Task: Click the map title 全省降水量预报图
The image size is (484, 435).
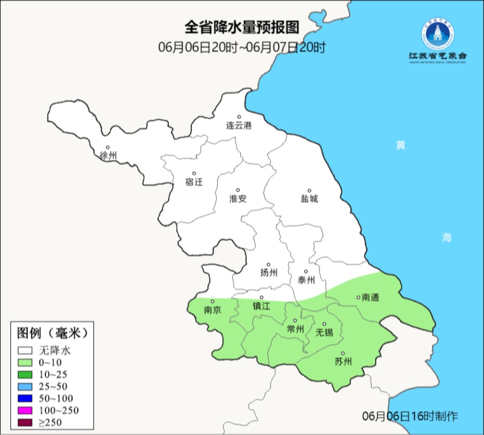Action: (x=242, y=27)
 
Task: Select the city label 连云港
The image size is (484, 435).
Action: (x=239, y=126)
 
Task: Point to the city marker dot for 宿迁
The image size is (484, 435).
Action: (x=194, y=173)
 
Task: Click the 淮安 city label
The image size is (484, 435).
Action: (x=238, y=198)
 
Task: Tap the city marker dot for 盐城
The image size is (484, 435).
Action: (x=309, y=190)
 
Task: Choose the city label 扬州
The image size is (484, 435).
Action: (x=269, y=272)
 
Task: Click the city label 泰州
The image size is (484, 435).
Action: (x=306, y=280)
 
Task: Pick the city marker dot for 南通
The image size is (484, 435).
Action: (x=358, y=297)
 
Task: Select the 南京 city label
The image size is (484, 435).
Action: (x=212, y=310)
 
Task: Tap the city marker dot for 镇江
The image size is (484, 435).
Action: (x=262, y=297)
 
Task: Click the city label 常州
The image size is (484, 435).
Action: (x=295, y=329)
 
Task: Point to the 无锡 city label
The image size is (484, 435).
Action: (x=324, y=333)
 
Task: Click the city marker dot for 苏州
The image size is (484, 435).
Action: (x=343, y=353)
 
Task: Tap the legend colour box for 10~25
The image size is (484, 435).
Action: (x=25, y=374)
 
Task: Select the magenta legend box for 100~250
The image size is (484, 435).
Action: (x=25, y=410)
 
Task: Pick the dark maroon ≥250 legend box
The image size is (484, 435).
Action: (x=25, y=422)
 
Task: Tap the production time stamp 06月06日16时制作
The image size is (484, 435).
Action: (x=410, y=416)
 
